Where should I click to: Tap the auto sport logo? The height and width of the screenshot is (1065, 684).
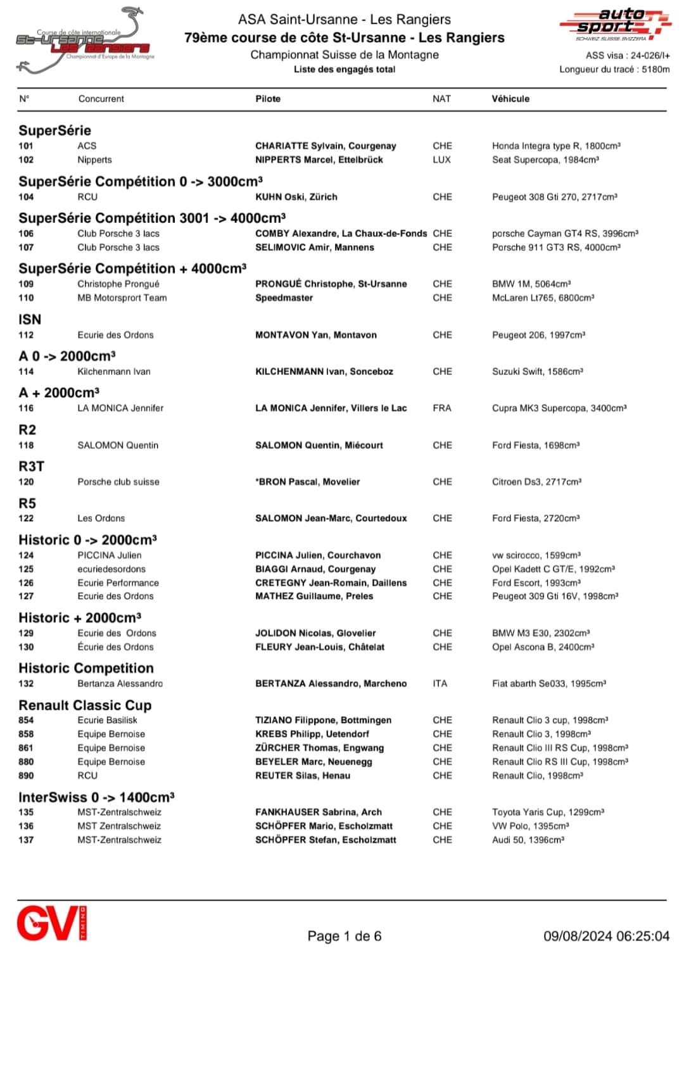(x=614, y=24)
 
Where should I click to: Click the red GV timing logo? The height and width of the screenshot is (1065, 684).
(x=51, y=923)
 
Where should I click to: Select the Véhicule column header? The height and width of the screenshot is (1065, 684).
(x=510, y=99)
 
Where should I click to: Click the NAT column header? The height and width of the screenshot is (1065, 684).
(x=441, y=99)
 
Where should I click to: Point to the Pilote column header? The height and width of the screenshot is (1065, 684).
(x=268, y=99)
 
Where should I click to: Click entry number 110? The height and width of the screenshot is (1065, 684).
(x=26, y=298)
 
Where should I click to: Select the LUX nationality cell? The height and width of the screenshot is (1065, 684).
(x=441, y=160)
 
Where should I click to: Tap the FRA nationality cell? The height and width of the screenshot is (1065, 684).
(x=442, y=408)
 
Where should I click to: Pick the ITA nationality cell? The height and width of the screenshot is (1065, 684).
(x=440, y=684)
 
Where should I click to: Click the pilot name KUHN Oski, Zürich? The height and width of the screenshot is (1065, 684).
(x=296, y=197)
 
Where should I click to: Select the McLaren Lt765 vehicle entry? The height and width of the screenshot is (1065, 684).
(x=543, y=298)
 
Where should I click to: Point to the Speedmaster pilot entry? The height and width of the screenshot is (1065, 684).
(x=284, y=298)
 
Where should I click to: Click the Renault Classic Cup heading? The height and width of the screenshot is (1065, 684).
(x=85, y=705)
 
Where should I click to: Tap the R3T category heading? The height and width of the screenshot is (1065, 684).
(x=31, y=467)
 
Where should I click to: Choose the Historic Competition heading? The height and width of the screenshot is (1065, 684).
(x=86, y=669)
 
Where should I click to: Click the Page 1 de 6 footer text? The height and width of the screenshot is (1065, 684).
(x=345, y=936)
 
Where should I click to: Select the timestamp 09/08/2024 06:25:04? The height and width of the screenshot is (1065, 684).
(x=606, y=936)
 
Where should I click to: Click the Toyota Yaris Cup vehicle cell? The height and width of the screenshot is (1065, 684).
(x=548, y=812)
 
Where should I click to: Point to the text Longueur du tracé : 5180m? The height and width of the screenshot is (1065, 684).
(x=614, y=70)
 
